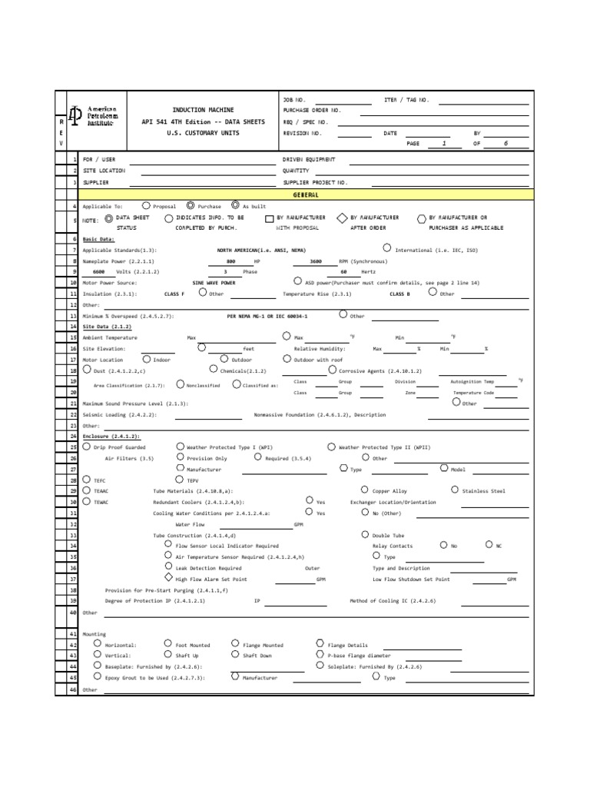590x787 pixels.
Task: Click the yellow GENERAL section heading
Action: pos(306,195)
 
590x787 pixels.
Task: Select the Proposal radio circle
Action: pos(147,206)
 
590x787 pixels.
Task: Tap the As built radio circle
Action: pos(235,206)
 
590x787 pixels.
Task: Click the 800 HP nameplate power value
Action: pos(230,261)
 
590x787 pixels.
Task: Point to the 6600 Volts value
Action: pos(99,272)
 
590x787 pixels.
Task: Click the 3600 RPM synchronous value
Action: pos(316,261)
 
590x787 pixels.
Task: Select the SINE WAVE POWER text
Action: pos(214,283)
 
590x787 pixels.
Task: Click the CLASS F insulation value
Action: pos(174,294)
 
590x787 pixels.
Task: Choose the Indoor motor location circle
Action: pos(146,359)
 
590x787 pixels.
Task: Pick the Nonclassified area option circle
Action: pos(180,384)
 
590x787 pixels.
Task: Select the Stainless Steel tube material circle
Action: pos(455,490)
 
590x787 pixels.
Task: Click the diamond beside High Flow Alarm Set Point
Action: pos(168,578)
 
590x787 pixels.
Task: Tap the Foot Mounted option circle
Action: pos(168,644)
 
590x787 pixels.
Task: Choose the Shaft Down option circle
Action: pos(235,655)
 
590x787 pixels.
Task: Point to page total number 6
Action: pos(505,144)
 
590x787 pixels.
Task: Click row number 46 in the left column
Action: pos(74,689)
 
